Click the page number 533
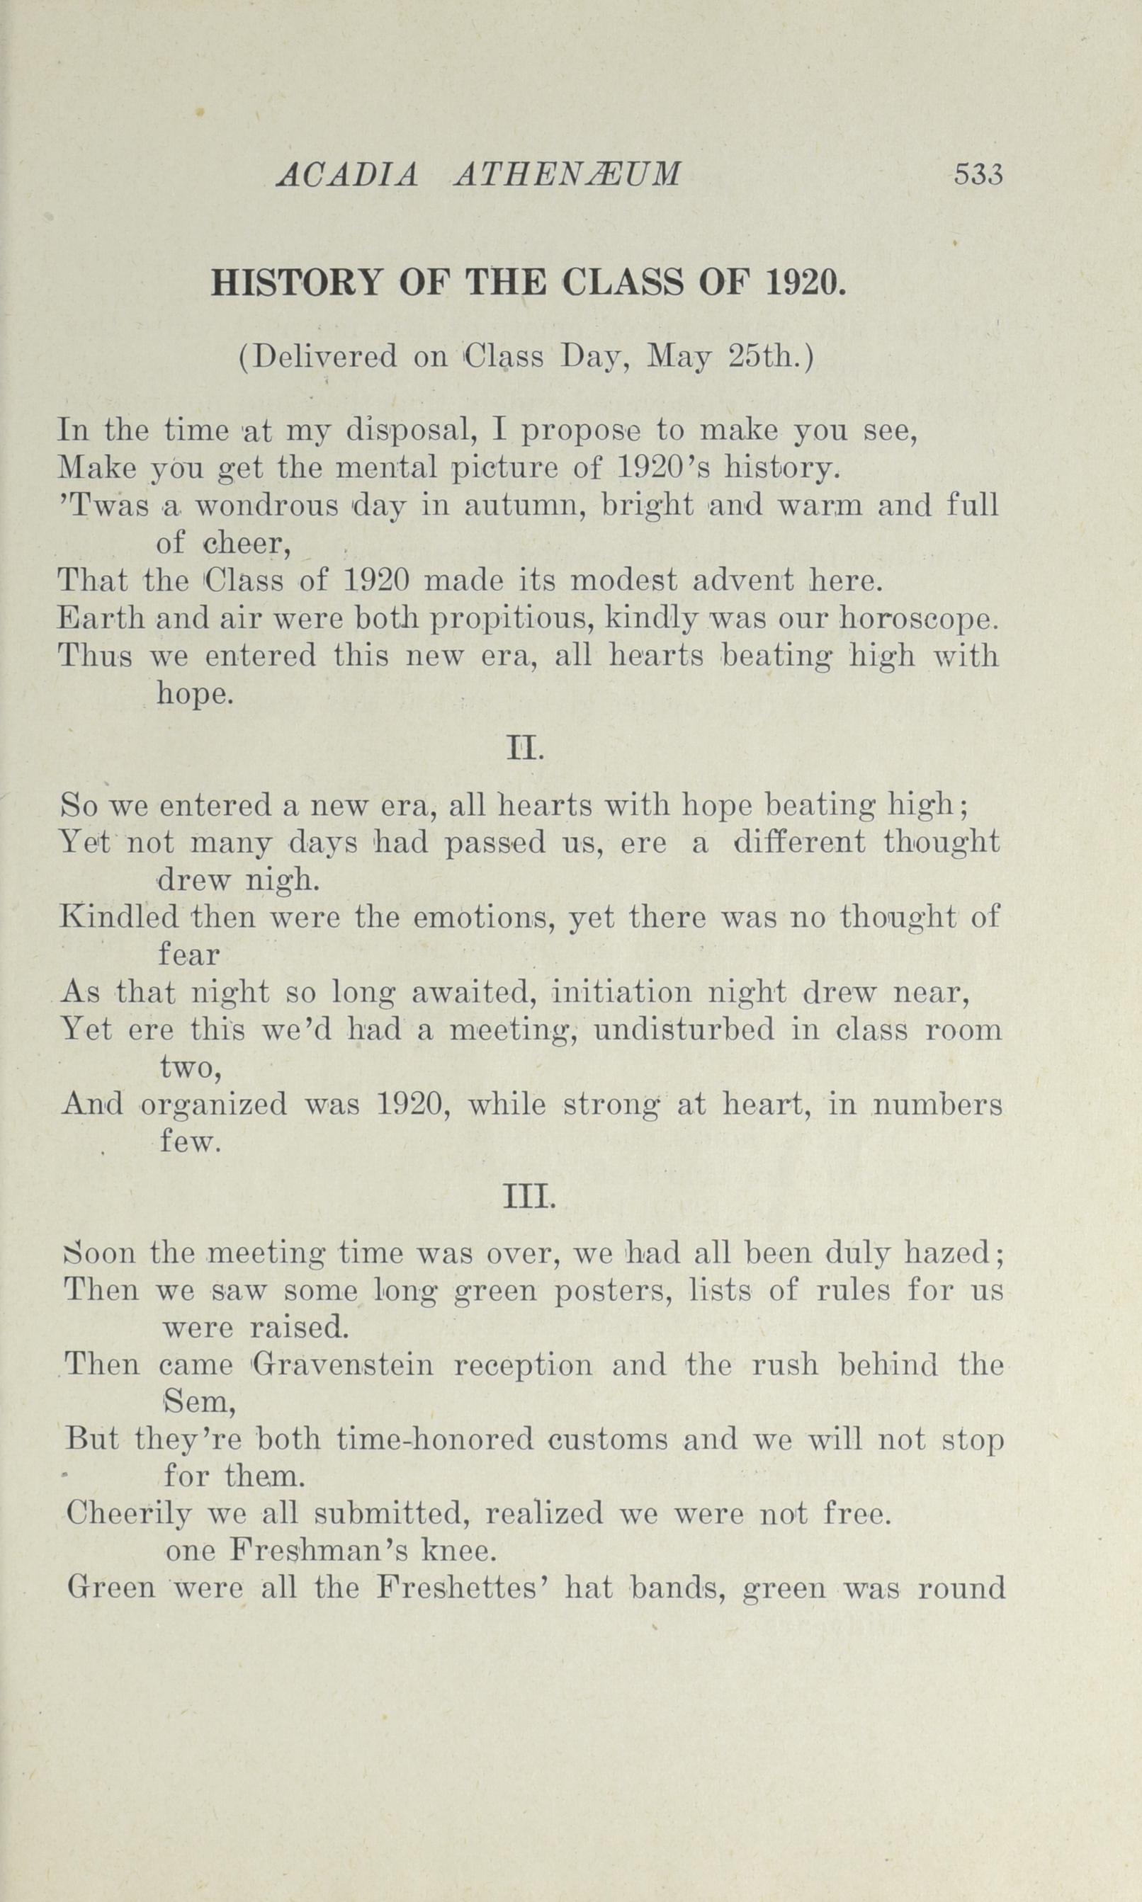(x=979, y=175)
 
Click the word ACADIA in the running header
(x=347, y=176)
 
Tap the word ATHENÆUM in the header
(x=568, y=176)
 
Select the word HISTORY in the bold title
(x=296, y=284)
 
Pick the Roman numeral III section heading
(x=528, y=1197)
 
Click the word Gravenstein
(x=342, y=1365)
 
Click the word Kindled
(x=118, y=918)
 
